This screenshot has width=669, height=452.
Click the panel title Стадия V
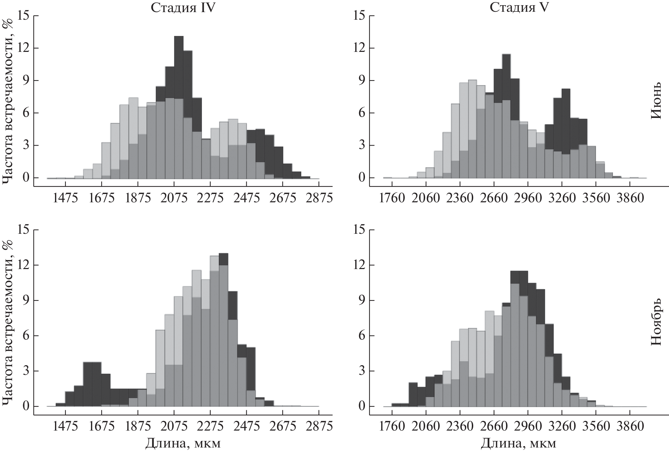[x=519, y=7]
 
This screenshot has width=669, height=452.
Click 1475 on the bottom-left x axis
[x=66, y=426]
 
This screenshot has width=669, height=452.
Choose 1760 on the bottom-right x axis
[x=392, y=426]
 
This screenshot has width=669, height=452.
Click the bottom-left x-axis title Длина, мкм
[x=183, y=443]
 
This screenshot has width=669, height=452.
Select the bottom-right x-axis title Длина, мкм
[x=519, y=443]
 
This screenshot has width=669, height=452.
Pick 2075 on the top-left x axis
[x=174, y=198]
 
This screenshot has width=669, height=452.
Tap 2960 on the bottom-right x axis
[x=528, y=426]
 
